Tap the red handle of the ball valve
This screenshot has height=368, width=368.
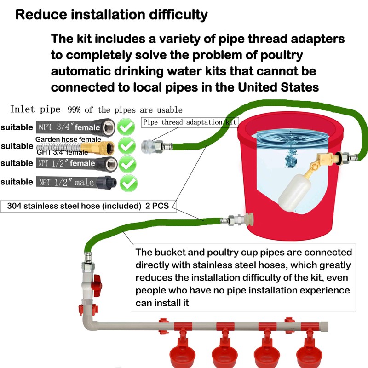tap(97, 285)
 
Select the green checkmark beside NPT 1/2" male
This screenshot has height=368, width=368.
tap(129, 183)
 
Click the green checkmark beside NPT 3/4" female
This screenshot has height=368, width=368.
tap(126, 127)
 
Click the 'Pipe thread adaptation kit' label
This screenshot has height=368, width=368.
tap(190, 122)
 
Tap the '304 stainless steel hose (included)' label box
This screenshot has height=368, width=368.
tap(88, 206)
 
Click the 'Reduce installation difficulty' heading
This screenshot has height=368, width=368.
tap(111, 15)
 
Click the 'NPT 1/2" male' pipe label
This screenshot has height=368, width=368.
tap(67, 182)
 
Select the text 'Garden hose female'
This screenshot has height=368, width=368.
tap(68, 139)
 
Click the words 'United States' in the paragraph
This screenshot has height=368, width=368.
tap(278, 87)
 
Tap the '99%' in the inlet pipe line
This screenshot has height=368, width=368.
tap(74, 110)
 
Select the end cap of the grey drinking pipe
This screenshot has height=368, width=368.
tap(324, 326)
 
